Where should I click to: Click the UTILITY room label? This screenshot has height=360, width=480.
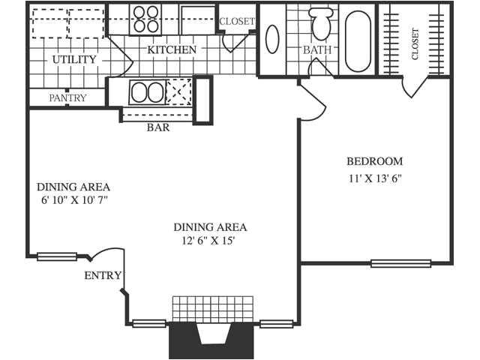coord(74,59)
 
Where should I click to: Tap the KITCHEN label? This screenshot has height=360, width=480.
coord(172,49)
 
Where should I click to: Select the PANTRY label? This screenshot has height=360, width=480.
coord(67,97)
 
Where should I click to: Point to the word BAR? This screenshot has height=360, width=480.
coord(158,127)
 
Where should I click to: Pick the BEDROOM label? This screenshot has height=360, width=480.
coord(374,161)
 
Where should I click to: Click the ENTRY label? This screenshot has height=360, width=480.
coord(103,276)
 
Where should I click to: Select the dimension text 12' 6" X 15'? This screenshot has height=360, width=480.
coord(211,241)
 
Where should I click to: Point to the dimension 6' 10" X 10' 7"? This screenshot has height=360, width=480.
coord(74,201)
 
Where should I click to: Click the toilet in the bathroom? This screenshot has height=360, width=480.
coord(322,23)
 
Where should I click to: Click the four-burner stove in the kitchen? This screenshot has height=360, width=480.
coord(145,18)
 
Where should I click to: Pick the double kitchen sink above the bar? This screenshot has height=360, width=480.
coord(146,93)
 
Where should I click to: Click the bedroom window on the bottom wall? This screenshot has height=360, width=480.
coord(400,263)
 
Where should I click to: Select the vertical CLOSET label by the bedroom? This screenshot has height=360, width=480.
coord(415,44)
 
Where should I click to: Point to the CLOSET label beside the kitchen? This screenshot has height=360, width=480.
coord(237,21)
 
